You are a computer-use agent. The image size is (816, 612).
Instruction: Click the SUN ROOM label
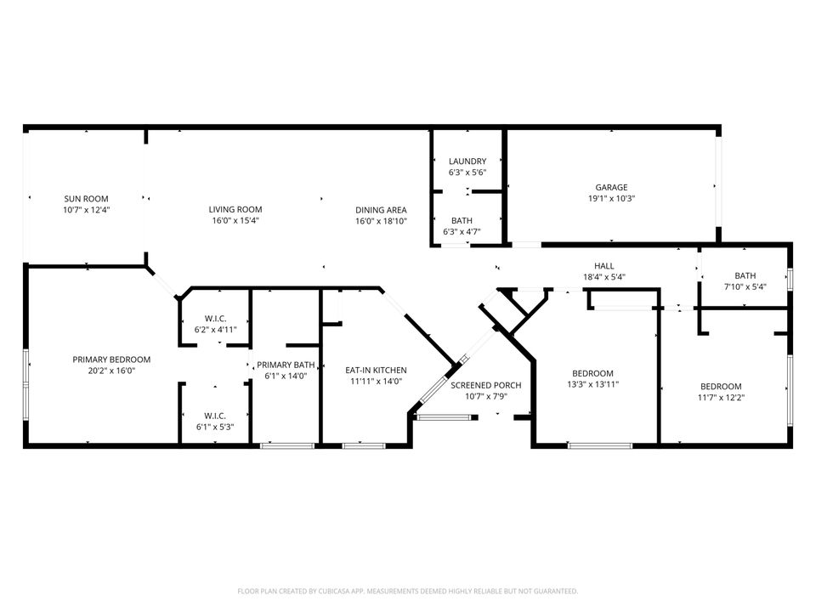point(85,199)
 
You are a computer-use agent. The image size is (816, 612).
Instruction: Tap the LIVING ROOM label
point(235,209)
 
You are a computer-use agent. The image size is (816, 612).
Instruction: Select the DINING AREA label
point(381,210)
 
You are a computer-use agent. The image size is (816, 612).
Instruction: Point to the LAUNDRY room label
point(467,161)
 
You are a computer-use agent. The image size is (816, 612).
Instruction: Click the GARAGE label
point(610,188)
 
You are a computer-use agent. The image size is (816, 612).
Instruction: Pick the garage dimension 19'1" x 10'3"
point(610,198)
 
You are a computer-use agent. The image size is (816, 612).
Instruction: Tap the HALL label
point(604,266)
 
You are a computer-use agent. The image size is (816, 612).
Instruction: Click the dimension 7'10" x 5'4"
point(745,286)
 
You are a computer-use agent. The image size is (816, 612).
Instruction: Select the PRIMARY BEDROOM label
point(111,360)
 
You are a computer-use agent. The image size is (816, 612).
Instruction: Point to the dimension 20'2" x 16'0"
point(111,371)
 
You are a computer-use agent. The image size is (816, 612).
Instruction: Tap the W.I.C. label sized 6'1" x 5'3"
point(214,416)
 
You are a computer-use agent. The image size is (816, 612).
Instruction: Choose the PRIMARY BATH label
point(286,365)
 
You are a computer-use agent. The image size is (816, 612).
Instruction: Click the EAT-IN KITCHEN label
point(376,370)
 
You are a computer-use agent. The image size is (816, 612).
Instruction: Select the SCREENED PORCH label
point(485,385)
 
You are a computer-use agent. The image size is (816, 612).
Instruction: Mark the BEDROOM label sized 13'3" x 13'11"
point(592,373)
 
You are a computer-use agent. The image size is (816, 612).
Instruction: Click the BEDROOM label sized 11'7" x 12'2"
point(720,386)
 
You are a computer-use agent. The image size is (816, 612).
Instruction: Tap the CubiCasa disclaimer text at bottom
point(407,591)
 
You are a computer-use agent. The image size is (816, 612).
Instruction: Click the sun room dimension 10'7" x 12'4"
point(85,209)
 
